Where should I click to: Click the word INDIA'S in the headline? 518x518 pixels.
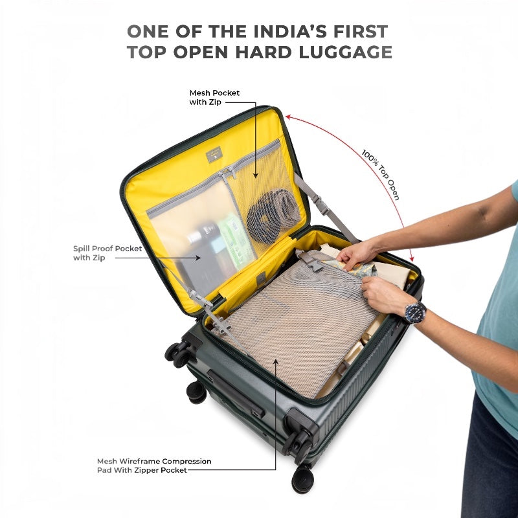[x=290, y=31]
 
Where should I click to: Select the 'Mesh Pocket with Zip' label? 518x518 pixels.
[x=214, y=98]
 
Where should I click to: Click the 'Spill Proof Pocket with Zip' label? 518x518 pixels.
[x=107, y=253]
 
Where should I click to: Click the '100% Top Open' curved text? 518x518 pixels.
[x=381, y=174]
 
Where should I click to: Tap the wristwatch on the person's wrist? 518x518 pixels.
[x=416, y=312]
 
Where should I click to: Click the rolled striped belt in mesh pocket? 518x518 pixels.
[x=273, y=216]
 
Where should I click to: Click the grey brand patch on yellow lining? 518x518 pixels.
[x=214, y=154]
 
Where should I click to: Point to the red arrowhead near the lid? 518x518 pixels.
[x=288, y=117]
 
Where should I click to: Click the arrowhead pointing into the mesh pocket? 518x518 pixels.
[x=255, y=175]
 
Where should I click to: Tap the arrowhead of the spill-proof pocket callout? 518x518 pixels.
[x=198, y=258]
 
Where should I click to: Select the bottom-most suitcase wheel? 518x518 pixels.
[x=302, y=479]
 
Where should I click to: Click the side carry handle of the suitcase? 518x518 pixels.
[x=236, y=393]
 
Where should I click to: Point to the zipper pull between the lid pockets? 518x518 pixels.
[x=228, y=172]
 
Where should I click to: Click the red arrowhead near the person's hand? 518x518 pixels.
[x=412, y=259]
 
